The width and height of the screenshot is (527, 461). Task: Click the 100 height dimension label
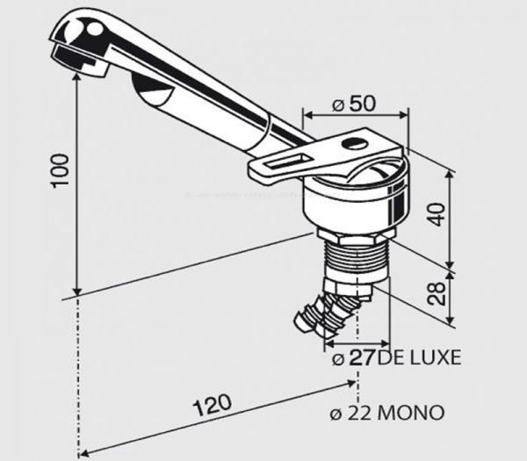pyautogui.click(x=60, y=171)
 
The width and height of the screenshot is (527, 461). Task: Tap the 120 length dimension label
pyautogui.click(x=212, y=405)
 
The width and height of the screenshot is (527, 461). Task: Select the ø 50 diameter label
pyautogui.click(x=353, y=104)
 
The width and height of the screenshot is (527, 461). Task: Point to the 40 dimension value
pyautogui.click(x=437, y=215)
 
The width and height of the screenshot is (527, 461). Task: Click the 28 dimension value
pyautogui.click(x=437, y=293)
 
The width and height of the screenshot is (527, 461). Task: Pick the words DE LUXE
pyautogui.click(x=419, y=357)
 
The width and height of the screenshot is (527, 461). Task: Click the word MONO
pyautogui.click(x=410, y=413)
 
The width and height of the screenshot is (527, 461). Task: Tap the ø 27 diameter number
pyautogui.click(x=353, y=357)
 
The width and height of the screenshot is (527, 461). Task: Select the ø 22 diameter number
pyautogui.click(x=350, y=413)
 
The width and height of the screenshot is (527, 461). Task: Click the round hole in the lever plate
pyautogui.click(x=355, y=145)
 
